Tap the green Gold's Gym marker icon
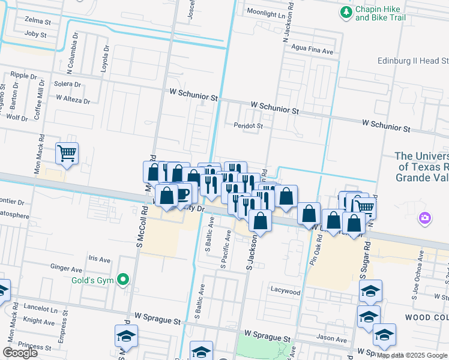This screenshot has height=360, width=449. click(124, 279)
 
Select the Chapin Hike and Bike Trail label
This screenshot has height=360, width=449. click(381, 13)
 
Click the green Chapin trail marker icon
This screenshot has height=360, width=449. click(346, 12)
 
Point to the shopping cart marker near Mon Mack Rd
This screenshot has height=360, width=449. click(67, 153)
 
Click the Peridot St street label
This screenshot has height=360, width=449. click(249, 126)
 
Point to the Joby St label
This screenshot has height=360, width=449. click(35, 35)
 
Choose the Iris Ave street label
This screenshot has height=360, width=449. click(100, 260)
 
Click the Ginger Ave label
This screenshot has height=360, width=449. click(66, 269)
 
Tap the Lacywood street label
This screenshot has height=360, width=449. click(285, 292)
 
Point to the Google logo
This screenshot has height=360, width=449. click(20, 353)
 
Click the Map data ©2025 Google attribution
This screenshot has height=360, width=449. click(412, 356)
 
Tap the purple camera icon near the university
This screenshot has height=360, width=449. click(425, 217)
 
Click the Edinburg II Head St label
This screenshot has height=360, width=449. click(413, 61)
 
